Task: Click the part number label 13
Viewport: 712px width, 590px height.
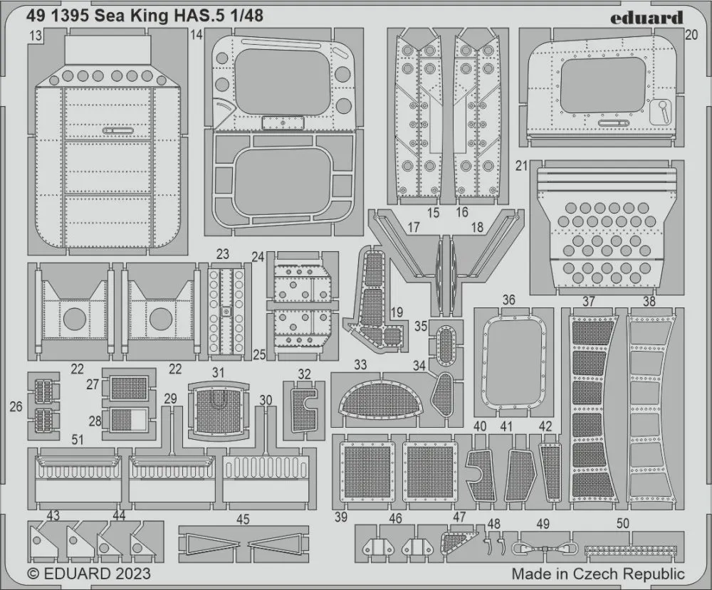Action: [36, 36]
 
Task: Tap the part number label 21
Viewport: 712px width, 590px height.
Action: [522, 166]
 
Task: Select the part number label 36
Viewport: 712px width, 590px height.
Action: [509, 300]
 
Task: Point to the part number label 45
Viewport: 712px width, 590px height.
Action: [243, 519]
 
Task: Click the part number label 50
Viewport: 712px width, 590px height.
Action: [622, 523]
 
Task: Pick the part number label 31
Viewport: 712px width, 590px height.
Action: [219, 373]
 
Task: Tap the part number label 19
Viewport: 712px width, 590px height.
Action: [397, 312]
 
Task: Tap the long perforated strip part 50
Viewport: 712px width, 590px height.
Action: [631, 550]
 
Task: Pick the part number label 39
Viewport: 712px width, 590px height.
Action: [341, 517]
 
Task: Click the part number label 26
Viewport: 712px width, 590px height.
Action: [16, 406]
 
